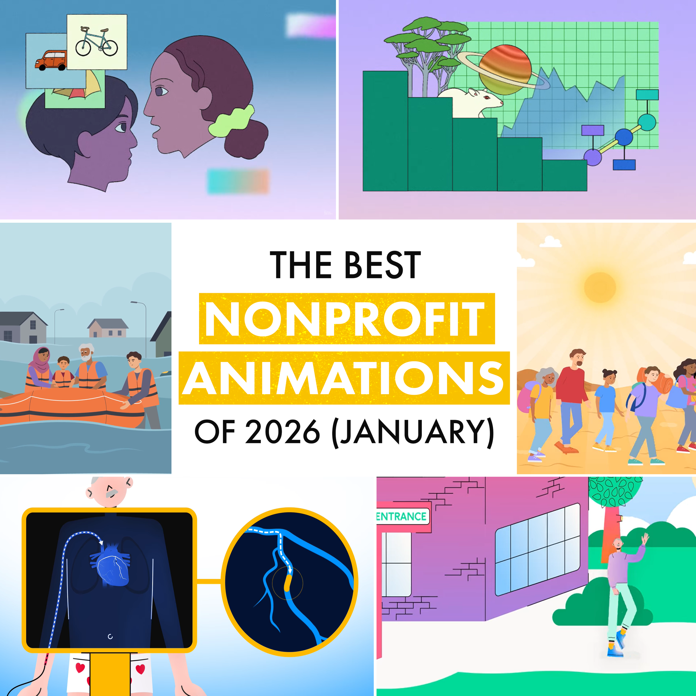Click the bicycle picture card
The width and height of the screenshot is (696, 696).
[x=97, y=42]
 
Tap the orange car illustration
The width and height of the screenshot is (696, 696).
[x=51, y=60]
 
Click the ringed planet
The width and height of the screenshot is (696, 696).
[x=505, y=70]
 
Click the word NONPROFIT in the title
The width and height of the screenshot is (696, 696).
[x=347, y=319]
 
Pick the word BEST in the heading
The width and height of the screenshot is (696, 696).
[x=383, y=266]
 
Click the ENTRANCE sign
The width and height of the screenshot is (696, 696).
[x=402, y=516]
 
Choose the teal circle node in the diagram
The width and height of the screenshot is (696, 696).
[x=647, y=122]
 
